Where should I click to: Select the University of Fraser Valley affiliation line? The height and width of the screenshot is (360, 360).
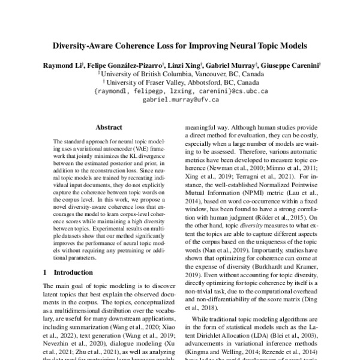[x=181, y=83]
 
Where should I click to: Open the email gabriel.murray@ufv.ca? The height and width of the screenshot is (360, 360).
[x=180, y=100]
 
